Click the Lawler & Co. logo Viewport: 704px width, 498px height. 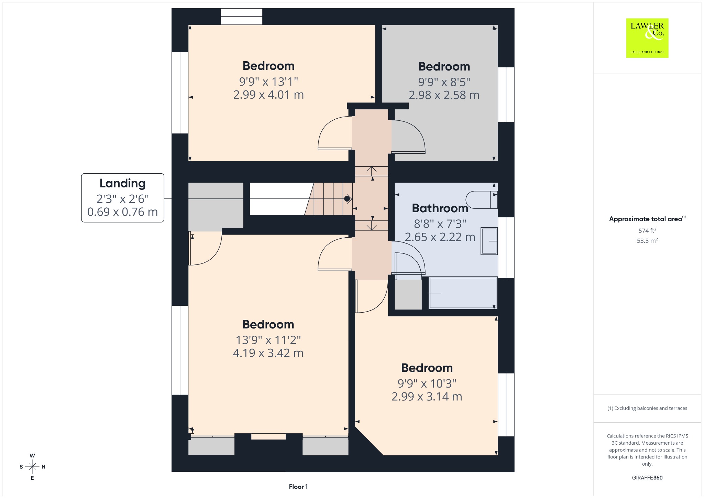(x=647, y=38)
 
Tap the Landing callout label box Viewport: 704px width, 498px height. (x=123, y=198)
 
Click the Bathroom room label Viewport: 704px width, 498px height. (x=440, y=208)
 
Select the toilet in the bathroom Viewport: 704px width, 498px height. (x=482, y=200)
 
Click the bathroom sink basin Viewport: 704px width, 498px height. (x=489, y=241)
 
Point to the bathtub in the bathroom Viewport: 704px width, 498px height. (x=463, y=293)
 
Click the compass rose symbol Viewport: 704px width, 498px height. (x=32, y=467)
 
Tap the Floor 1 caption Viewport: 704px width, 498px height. (x=298, y=487)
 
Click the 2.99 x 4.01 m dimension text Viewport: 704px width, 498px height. (x=268, y=95)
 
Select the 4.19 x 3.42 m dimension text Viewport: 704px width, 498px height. (x=268, y=353)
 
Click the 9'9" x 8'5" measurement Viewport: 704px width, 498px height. (x=444, y=82)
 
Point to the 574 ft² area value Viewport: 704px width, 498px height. (x=647, y=230)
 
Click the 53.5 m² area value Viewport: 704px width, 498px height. (x=647, y=240)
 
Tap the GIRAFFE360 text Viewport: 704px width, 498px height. (x=647, y=477)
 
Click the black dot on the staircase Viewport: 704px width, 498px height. (x=347, y=199)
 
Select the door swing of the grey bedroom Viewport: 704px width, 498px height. (x=408, y=136)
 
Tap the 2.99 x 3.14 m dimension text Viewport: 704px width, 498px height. (x=427, y=397)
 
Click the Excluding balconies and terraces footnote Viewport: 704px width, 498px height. (x=647, y=408)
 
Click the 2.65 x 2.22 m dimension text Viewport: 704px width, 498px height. (x=440, y=237)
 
